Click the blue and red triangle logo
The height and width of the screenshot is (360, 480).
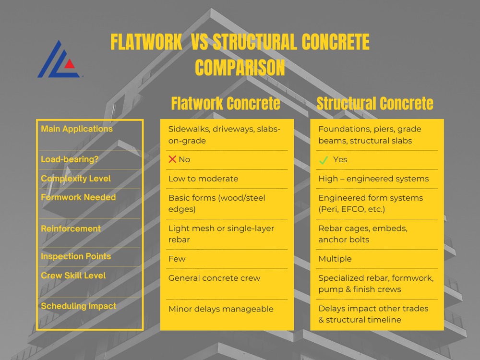[x=59, y=60]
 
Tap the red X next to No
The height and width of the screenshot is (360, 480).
[x=172, y=159]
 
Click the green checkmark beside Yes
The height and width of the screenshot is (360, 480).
[x=324, y=160]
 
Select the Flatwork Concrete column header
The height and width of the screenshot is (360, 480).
[x=226, y=103]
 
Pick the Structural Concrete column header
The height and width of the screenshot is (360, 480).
[x=375, y=103]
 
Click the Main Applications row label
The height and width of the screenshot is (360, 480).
[x=77, y=129]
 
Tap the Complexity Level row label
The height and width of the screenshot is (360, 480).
[x=76, y=179]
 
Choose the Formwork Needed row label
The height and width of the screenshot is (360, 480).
[x=78, y=197]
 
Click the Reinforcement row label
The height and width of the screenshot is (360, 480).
[x=71, y=229]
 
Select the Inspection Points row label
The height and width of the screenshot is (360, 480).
[x=76, y=256]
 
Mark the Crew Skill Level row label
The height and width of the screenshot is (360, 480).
[x=73, y=276]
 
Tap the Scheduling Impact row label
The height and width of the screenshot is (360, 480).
[x=79, y=306]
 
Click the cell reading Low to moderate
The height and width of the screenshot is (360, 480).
[x=203, y=179]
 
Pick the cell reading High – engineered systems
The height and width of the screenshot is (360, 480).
[x=373, y=179]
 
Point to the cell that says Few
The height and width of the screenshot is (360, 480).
[x=177, y=259]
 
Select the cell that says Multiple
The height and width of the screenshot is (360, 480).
[x=335, y=259]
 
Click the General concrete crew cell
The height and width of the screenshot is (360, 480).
[x=214, y=278]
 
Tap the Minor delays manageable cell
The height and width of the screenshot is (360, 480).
[x=221, y=309]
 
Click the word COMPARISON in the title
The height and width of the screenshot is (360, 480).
[x=240, y=68]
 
